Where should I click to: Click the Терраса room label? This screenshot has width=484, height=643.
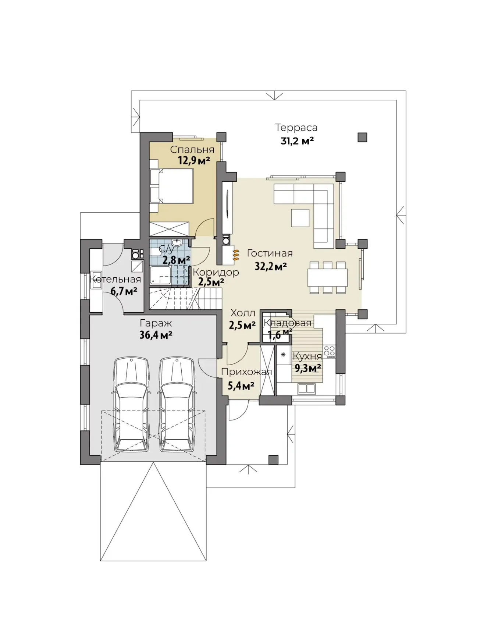(x=296, y=128)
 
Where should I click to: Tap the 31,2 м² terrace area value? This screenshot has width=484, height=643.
(x=297, y=141)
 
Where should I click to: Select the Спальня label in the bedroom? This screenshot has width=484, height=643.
(x=192, y=150)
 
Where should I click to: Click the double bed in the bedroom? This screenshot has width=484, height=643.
(x=171, y=186)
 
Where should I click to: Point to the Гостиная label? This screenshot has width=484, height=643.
(x=270, y=253)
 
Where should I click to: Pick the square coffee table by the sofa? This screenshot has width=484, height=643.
(x=300, y=218)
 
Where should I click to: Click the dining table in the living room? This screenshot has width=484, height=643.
(x=328, y=277)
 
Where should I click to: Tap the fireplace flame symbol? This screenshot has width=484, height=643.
(x=236, y=254)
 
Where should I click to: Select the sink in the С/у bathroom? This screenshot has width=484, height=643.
(x=178, y=243)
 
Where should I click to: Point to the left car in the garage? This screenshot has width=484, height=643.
(x=132, y=404)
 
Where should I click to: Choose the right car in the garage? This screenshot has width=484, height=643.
(x=177, y=404)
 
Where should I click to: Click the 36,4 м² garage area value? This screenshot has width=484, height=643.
(x=156, y=335)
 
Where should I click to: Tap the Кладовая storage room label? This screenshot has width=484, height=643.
(x=288, y=323)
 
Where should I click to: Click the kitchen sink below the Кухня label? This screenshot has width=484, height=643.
(x=306, y=388)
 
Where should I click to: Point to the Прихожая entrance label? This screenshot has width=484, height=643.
(x=246, y=372)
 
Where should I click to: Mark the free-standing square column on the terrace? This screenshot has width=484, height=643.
(x=362, y=137)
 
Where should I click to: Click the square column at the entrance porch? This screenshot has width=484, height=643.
(x=273, y=460)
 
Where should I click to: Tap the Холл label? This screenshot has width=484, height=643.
(x=242, y=313)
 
